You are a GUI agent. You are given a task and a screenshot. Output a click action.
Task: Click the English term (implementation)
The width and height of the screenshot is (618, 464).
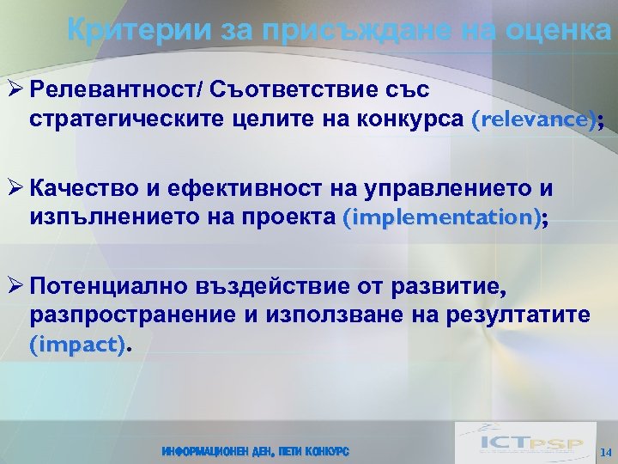(442, 219)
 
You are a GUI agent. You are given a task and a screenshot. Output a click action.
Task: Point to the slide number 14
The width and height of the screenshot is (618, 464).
(605, 452)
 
